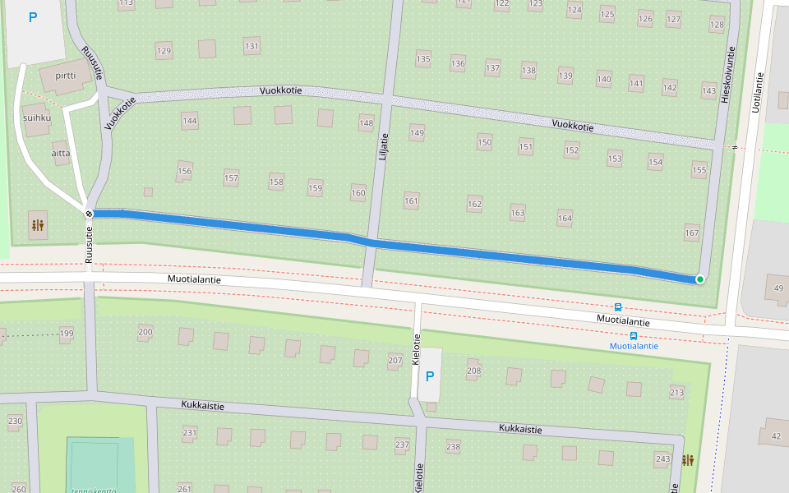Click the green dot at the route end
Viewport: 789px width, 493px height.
[x=699, y=279]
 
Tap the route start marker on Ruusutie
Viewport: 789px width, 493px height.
[x=89, y=214]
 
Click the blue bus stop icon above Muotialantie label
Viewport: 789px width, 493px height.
[x=618, y=307]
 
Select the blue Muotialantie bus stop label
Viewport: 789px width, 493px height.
[x=634, y=346]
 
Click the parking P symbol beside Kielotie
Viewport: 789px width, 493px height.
[x=429, y=376]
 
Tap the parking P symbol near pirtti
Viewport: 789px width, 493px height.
[x=33, y=17]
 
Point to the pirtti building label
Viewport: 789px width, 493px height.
[x=65, y=76]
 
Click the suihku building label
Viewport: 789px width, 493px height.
[x=38, y=117]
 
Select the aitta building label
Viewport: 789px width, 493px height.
[x=60, y=153]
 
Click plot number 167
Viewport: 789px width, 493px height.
[x=692, y=233]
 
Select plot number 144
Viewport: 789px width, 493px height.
[x=190, y=121]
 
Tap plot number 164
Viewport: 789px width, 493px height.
[x=565, y=219]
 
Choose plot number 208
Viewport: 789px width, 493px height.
[x=473, y=371]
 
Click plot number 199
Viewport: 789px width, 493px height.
[x=67, y=333]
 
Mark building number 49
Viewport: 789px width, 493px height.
[x=778, y=288]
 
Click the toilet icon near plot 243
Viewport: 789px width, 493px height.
[x=687, y=460]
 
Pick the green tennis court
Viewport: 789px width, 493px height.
[x=99, y=465]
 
